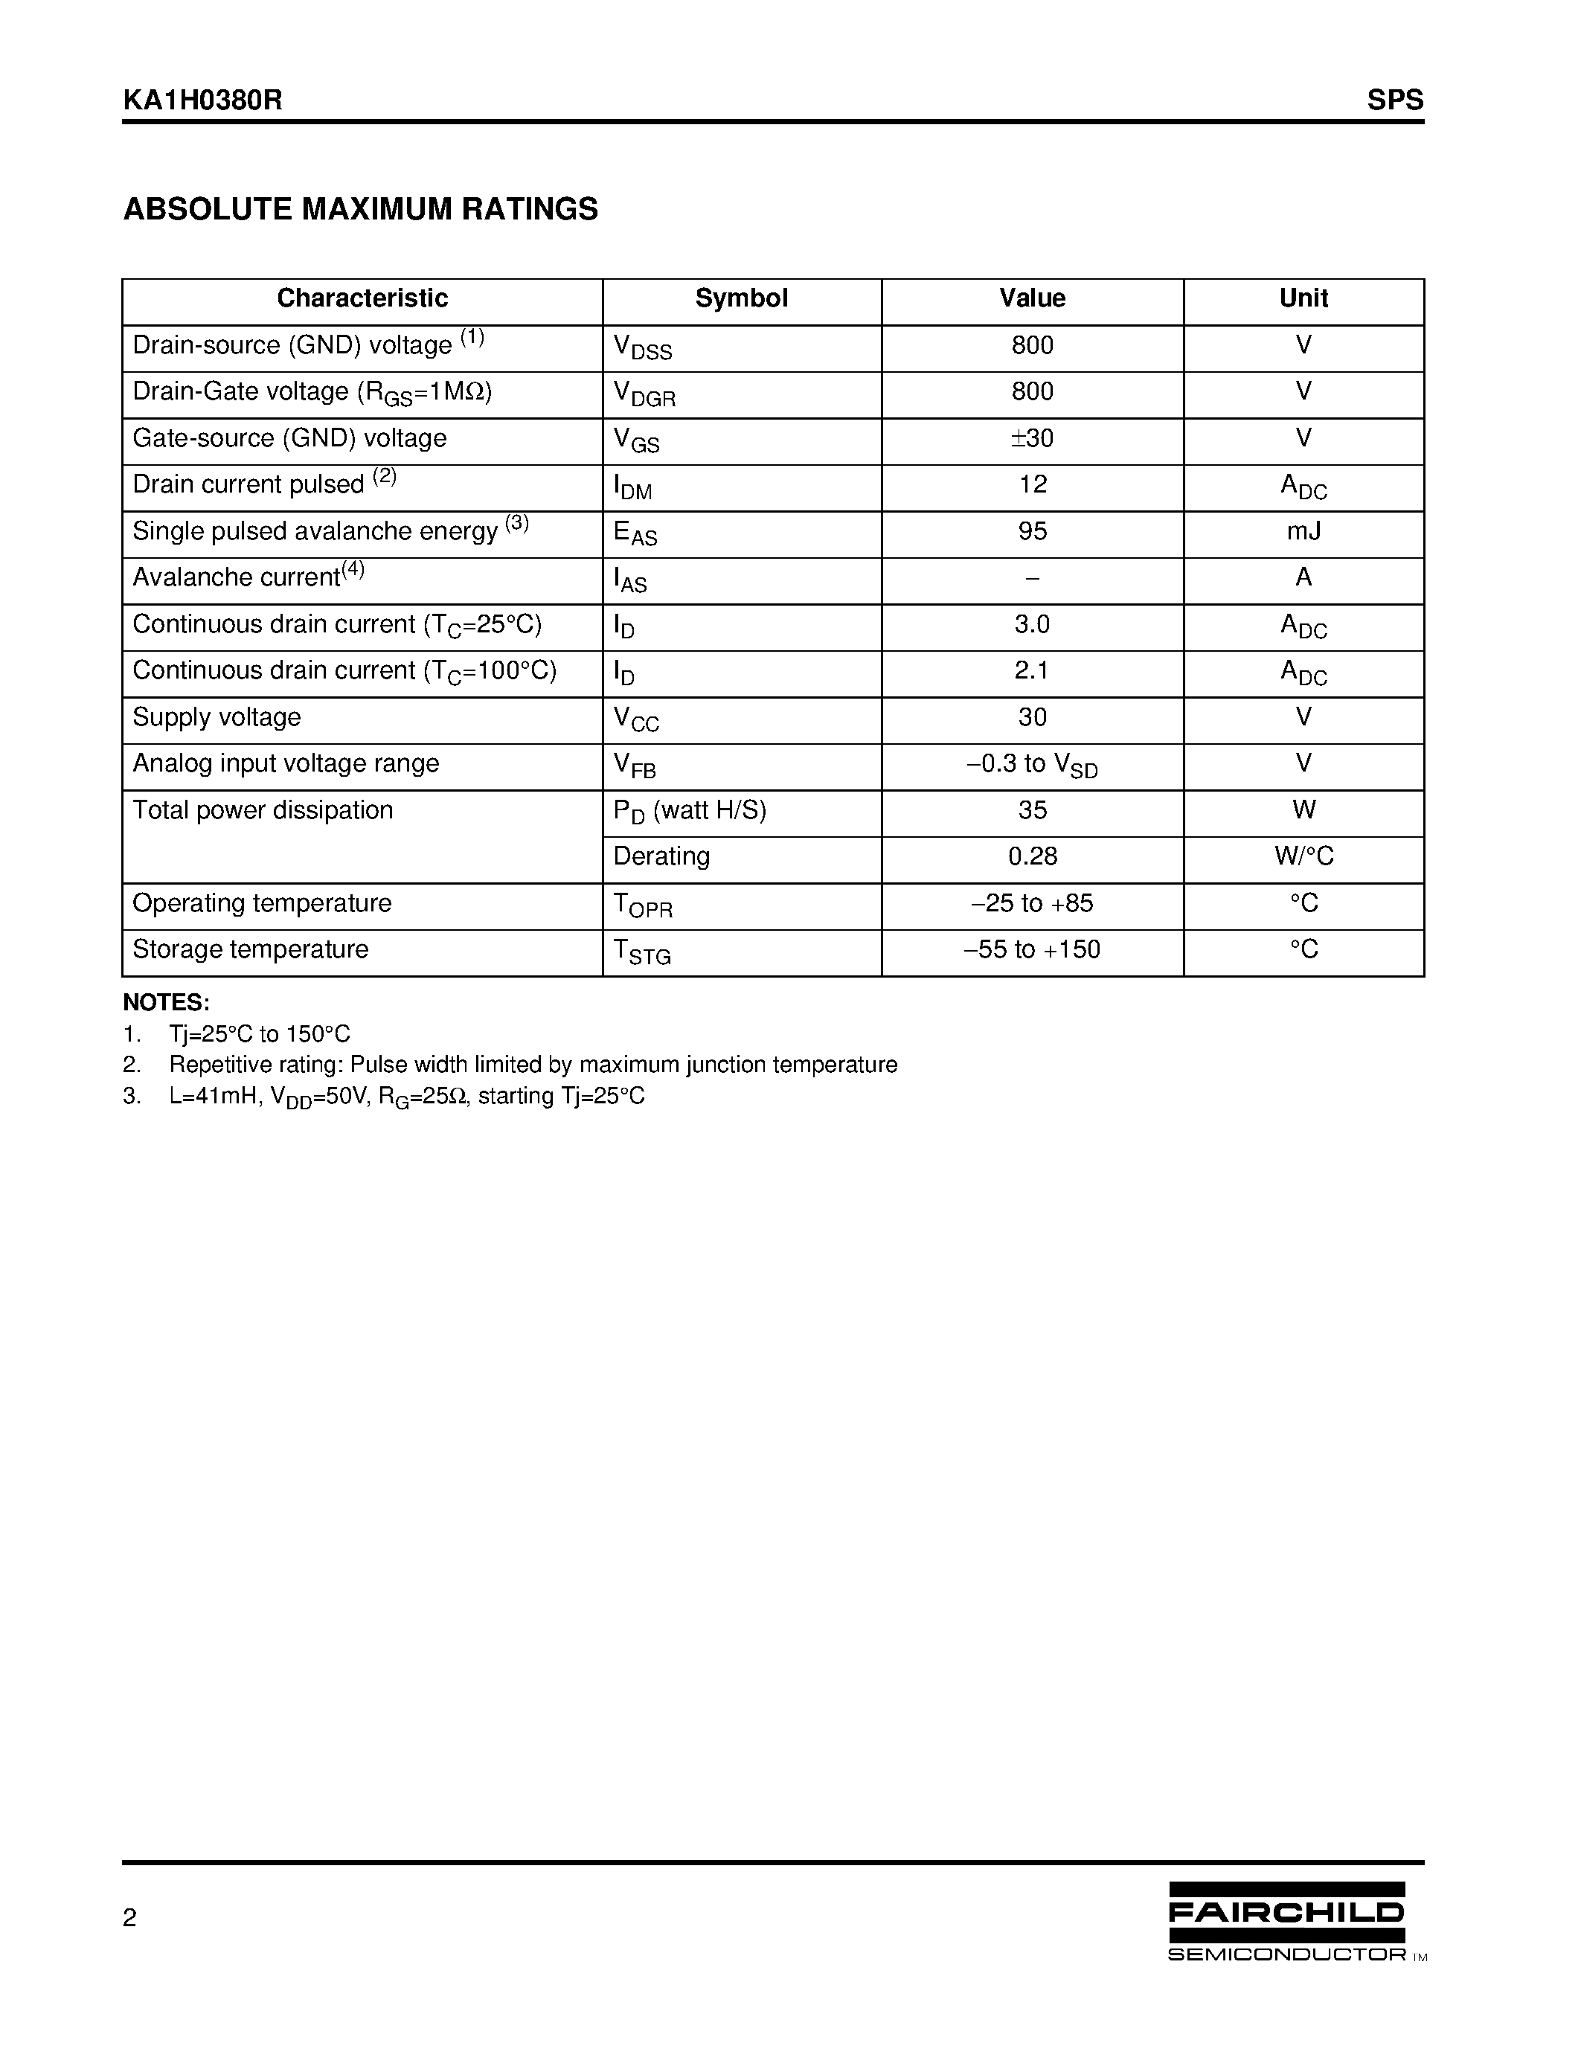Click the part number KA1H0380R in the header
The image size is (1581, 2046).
tap(202, 100)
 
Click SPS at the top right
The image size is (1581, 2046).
tap(1394, 100)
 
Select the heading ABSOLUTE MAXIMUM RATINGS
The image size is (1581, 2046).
tap(361, 209)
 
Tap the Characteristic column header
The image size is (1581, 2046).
tap(362, 299)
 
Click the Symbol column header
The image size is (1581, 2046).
tap(741, 299)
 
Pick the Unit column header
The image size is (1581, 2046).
tap(1303, 299)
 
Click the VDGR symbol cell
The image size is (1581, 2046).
tap(644, 394)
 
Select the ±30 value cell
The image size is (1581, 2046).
tap(1032, 438)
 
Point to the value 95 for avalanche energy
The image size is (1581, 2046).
tap(1032, 531)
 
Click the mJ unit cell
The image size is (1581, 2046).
tap(1303, 531)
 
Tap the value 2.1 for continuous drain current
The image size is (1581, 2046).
tap(1032, 671)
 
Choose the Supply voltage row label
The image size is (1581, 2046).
tap(217, 718)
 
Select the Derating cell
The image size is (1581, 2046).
tap(661, 856)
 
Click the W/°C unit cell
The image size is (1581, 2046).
tap(1303, 856)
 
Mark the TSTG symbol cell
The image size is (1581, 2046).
tap(643, 952)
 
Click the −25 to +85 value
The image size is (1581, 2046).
tap(1032, 903)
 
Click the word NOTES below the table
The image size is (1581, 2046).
tap(166, 1002)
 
